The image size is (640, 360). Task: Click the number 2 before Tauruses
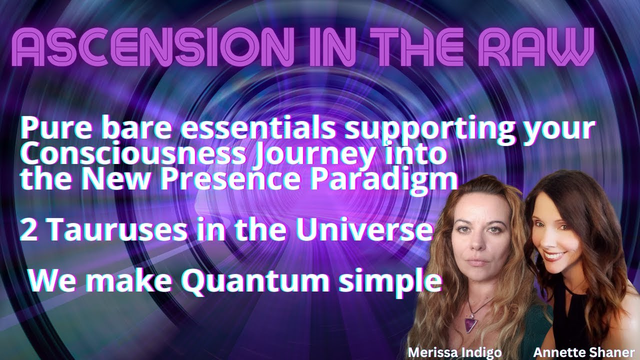tap(27, 230)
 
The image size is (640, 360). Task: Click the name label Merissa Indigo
tap(454, 352)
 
